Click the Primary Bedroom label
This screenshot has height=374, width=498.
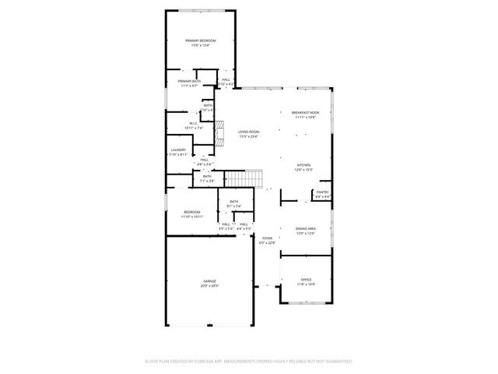[x=200, y=41]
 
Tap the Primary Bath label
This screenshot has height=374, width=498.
[x=189, y=81]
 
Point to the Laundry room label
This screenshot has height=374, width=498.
[x=178, y=150]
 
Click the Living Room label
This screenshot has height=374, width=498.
[x=248, y=132]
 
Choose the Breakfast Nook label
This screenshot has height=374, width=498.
[x=305, y=112]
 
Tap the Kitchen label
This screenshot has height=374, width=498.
[x=303, y=165]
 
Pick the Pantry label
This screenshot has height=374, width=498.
[x=322, y=192]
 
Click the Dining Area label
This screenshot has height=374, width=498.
[x=305, y=228]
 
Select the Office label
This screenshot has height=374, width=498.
[x=306, y=279]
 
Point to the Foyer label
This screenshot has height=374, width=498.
[x=267, y=238]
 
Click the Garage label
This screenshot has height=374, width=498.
[x=210, y=280]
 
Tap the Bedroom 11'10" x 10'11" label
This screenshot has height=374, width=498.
[x=192, y=212]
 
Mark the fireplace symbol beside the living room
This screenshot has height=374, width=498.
[x=220, y=133]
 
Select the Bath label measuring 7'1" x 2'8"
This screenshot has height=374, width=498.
[x=207, y=176]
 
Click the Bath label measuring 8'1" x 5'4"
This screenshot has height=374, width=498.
[x=233, y=202]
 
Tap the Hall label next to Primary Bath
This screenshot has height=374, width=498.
[x=226, y=79]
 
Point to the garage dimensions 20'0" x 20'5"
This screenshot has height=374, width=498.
[x=210, y=285]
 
